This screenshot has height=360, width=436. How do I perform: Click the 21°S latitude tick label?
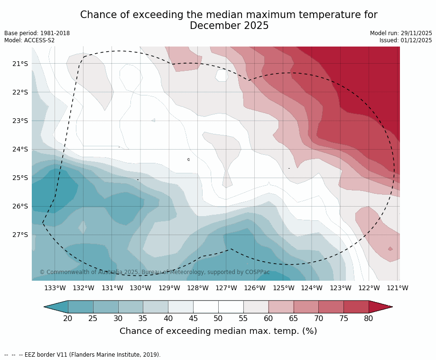click(20, 64)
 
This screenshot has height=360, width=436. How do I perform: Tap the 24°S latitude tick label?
click(20, 149)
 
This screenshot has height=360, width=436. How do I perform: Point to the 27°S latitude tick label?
click(20, 235)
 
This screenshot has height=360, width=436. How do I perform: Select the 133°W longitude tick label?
click(55, 288)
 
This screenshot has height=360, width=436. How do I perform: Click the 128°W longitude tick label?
click(198, 288)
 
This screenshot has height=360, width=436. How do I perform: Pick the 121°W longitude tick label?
click(398, 288)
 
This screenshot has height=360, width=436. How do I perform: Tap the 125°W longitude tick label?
click(283, 288)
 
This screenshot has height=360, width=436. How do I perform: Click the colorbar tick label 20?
click(68, 318)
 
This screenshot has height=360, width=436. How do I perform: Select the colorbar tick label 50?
click(218, 318)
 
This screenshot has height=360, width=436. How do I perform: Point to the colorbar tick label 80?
click(369, 318)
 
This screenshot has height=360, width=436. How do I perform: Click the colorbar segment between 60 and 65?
click(281, 307)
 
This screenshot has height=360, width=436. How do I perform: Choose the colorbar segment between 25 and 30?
click(105, 307)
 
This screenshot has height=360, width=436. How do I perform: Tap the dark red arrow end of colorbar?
click(380, 307)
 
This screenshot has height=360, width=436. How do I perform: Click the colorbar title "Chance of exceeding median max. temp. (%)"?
click(218, 331)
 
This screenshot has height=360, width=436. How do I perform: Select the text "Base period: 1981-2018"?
click(37, 33)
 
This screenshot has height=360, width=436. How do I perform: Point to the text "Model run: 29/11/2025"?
click(401, 33)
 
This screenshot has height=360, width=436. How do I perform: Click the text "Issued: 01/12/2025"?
click(406, 40)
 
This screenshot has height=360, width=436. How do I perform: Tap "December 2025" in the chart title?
click(229, 26)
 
